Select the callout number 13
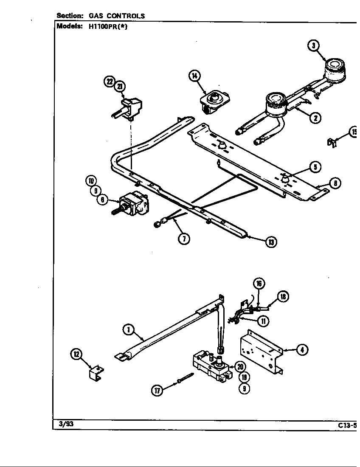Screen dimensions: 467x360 click(x=271, y=242)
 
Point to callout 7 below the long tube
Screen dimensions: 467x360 click(x=183, y=239)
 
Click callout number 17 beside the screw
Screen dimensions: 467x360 click(x=157, y=391)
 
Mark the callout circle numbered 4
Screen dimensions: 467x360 click(x=302, y=350)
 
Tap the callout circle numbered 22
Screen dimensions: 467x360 click(x=110, y=82)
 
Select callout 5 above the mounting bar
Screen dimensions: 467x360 click(x=315, y=167)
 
